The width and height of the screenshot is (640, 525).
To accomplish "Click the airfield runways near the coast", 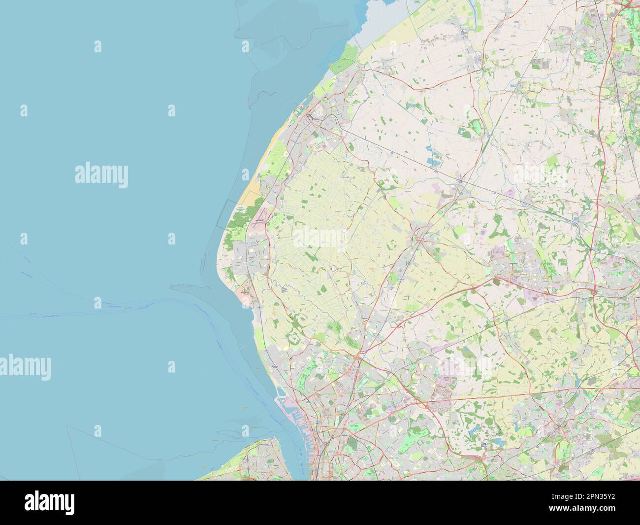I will click(259, 219).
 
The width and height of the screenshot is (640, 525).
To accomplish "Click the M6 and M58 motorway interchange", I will click(594, 292).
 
